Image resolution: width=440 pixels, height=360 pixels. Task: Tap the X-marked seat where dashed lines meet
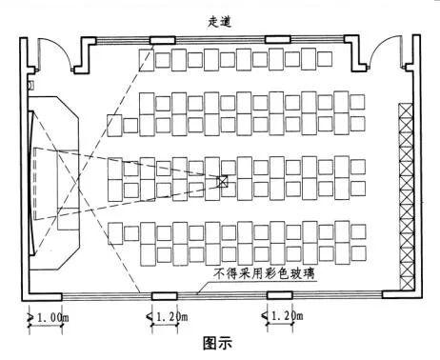[x=223, y=181]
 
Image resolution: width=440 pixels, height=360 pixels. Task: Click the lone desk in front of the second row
[x=114, y=125]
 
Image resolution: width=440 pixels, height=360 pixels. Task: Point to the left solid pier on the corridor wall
[x=160, y=40]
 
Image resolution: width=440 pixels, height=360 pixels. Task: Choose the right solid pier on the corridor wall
[x=277, y=40]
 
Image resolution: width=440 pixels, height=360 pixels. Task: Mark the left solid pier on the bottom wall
[x=164, y=295]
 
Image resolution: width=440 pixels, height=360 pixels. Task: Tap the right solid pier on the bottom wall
[x=277, y=295]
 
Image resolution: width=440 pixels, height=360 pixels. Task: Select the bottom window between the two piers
[x=220, y=295]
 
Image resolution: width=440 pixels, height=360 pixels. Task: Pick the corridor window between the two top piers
[x=219, y=40]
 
